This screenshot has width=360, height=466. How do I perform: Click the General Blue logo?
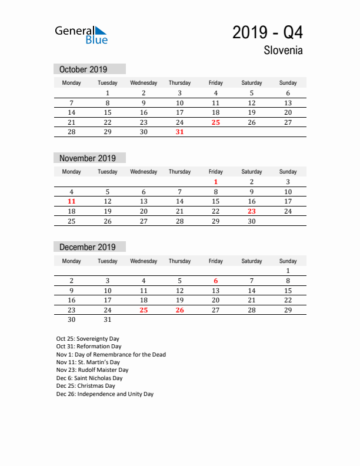coord(81,35)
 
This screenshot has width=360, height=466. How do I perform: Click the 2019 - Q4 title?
coord(268,32)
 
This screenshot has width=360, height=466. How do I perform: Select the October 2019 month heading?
coord(83,69)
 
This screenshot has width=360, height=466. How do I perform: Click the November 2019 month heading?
coord(88,158)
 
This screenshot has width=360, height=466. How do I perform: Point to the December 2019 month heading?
coord(88,247)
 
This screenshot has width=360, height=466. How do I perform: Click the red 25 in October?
coord(216,122)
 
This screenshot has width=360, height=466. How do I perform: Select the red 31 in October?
coord(179,132)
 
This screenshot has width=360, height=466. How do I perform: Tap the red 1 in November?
coord(216,182)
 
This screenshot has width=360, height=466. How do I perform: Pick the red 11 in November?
coord(72,201)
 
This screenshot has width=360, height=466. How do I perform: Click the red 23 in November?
coord(252,211)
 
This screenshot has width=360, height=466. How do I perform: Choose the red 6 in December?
coord(216,281)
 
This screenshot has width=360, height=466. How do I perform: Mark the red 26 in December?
coord(179,310)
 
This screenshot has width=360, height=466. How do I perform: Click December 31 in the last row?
coord(108,320)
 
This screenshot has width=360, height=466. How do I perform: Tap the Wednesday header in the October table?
coord(144,83)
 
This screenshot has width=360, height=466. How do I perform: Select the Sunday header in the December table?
coord(288,261)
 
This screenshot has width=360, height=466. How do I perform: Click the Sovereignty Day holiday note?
coord(88,339)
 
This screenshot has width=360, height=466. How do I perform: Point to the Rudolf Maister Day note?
coord(92,370)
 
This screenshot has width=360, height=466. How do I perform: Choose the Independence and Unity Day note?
coord(105,394)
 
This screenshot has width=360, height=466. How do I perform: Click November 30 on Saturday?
coord(252,221)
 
